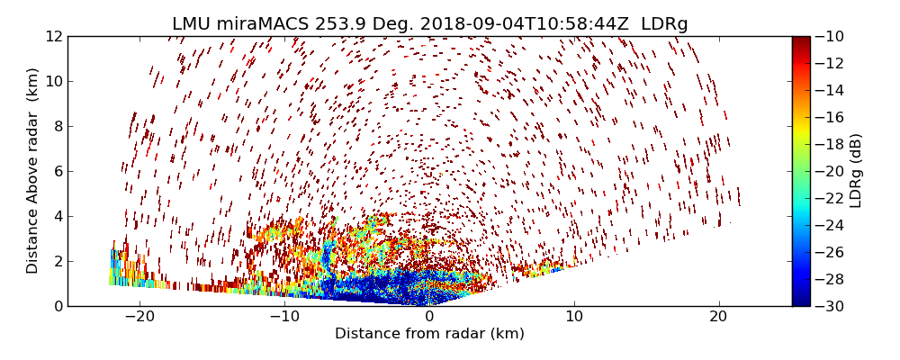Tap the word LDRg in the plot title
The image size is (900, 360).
[664, 24]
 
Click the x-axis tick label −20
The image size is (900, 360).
[139, 317]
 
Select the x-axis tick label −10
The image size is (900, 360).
[284, 317]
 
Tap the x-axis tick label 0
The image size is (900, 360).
[429, 317]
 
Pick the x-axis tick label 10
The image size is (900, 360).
[574, 317]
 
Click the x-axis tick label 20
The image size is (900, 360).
[718, 317]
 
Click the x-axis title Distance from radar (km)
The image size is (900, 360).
[429, 334]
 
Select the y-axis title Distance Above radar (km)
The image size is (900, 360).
[33, 171]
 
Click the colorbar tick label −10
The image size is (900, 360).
[830, 36]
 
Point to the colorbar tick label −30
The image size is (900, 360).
[830, 306]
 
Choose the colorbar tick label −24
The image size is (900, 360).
[830, 225]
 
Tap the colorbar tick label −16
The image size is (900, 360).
[830, 117]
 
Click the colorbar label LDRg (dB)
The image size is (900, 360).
[856, 171]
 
